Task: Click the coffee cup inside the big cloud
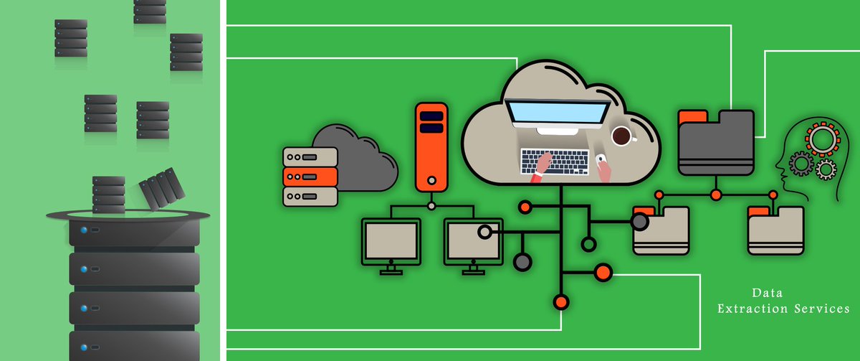(x=621, y=135)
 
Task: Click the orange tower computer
(x=431, y=146)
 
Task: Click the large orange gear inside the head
(x=821, y=138)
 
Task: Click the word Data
(x=767, y=294)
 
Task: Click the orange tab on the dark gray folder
(x=692, y=115)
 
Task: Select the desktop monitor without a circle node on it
(x=391, y=242)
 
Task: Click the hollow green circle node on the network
(x=588, y=245)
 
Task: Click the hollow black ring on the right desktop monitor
(x=484, y=232)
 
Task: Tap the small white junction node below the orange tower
(x=431, y=206)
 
